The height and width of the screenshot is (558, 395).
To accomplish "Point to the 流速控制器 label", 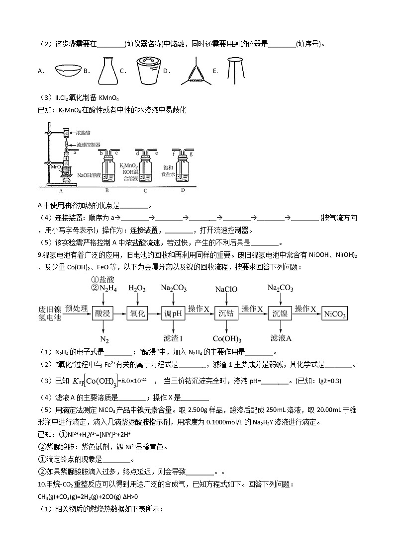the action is (x=89, y=145).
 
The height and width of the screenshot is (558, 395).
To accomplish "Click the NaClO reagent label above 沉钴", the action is (x=226, y=289).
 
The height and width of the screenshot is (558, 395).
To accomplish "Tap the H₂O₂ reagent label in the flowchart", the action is (x=137, y=289).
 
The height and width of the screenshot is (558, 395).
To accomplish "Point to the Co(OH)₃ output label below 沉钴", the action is (x=227, y=339).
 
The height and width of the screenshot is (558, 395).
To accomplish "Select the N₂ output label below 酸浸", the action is (x=104, y=339).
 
